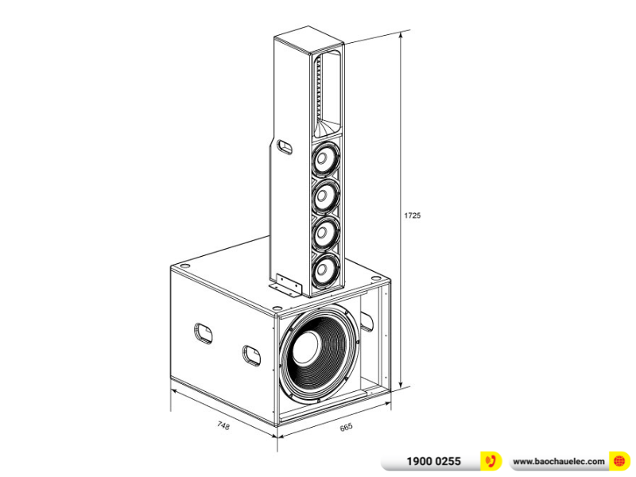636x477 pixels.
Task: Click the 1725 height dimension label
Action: coord(412,215)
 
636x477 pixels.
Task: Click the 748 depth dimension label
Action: coord(223,426)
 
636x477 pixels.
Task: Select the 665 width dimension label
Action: coord(345,428)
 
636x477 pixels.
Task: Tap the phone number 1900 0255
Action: coord(433,461)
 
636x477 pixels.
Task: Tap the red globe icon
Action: coord(619,461)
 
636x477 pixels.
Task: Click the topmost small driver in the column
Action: coord(324,161)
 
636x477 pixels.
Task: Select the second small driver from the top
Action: coord(324,196)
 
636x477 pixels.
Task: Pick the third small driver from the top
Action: coord(324,232)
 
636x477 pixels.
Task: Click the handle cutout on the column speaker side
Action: coord(284,145)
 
